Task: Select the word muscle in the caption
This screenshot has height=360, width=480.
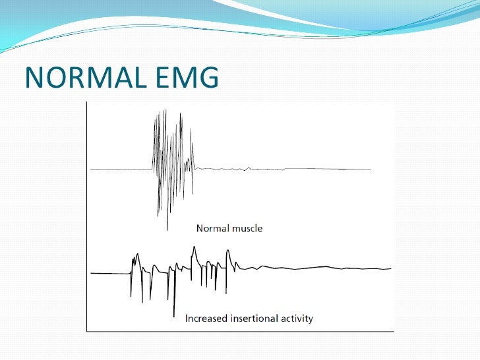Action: [247, 229]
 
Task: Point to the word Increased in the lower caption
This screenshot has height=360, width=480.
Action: [206, 318]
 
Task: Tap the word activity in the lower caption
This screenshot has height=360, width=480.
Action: [297, 318]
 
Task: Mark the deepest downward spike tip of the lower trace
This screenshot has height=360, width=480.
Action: [174, 316]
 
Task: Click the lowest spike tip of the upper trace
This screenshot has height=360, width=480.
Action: [167, 229]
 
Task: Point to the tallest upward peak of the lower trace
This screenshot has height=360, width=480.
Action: [194, 247]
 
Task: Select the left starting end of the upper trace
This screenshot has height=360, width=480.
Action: [92, 169]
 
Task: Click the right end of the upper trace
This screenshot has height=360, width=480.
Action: [371, 169]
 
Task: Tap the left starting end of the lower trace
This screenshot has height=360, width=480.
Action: [92, 272]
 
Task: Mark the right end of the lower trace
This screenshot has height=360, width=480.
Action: [392, 268]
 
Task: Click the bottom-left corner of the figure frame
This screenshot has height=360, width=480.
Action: [86, 329]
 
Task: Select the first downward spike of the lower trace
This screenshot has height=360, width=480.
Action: [131, 297]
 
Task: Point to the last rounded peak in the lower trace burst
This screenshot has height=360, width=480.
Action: [229, 251]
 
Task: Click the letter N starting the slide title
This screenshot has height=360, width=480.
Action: [34, 78]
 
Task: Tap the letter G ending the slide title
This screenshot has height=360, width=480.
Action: [207, 78]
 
